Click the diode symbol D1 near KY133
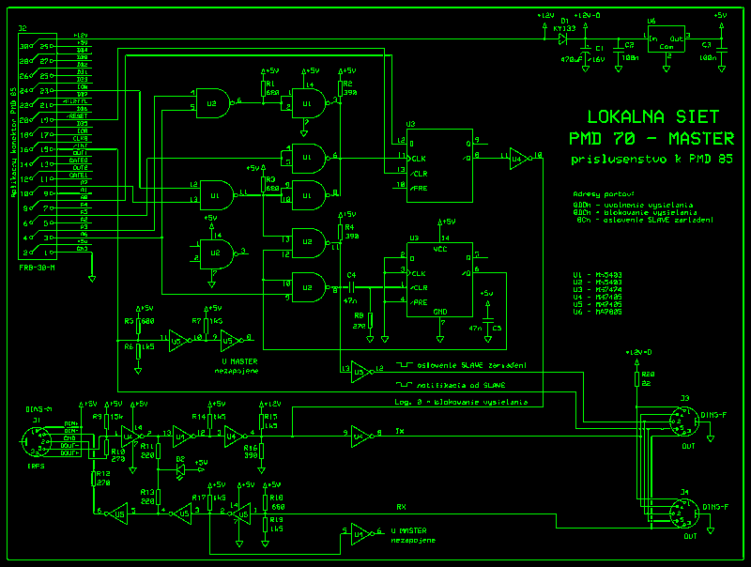564,38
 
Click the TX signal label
399,432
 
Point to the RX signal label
401,507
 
